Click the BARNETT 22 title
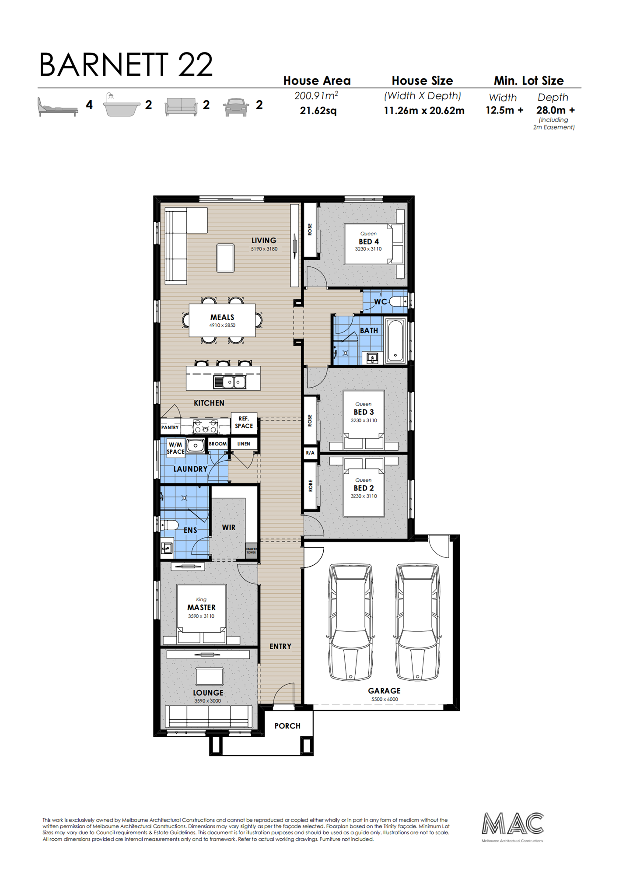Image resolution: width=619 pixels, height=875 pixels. pos(126,64)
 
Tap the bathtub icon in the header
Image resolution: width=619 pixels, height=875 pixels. pos(121,105)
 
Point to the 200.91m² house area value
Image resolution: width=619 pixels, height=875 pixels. pos(316,95)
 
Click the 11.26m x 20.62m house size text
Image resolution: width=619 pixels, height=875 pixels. pos(424,111)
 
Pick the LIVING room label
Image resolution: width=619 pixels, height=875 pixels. pos(264,240)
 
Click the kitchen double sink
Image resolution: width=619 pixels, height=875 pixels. pos(230,382)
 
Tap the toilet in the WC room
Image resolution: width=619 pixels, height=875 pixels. pos(398,301)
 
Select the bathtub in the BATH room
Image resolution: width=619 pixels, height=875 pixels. pos(395,341)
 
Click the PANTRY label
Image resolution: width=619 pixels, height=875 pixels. pos(170,427)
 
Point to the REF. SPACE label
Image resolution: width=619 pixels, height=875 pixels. pos(244,422)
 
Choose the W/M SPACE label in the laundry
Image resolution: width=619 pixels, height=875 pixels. pos(175,448)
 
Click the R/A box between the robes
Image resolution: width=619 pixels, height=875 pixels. pos(310,453)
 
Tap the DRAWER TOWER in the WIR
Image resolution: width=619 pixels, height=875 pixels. pos(251,551)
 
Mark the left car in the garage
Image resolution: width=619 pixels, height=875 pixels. pos(350,622)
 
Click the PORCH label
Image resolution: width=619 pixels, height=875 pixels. pos(287,726)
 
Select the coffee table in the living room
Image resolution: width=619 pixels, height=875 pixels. pos(225,258)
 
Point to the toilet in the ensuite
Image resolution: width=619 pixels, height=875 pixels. pos(169,525)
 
